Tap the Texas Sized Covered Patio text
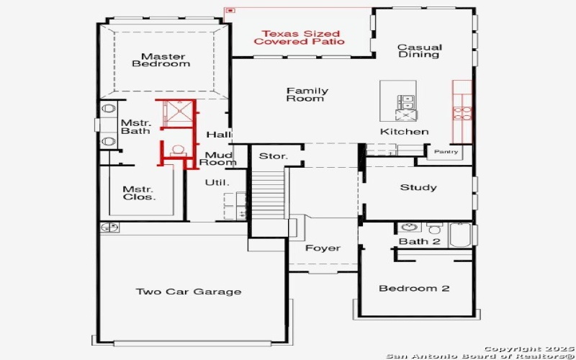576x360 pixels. click(300, 37)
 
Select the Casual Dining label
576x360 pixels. click(419, 51)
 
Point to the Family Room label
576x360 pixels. click(307, 94)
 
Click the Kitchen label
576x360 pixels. click(404, 132)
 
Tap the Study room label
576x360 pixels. click(418, 187)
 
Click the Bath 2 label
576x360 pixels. click(419, 241)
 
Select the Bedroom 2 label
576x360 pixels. click(414, 288)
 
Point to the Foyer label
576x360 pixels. click(323, 248)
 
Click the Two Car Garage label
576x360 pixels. click(189, 292)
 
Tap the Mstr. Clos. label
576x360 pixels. click(139, 193)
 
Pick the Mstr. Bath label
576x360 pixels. click(135, 127)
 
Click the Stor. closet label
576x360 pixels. click(274, 156)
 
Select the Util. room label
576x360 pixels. click(217, 183)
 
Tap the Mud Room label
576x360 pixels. click(220, 158)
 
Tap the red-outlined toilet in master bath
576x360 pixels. click(177, 150)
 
